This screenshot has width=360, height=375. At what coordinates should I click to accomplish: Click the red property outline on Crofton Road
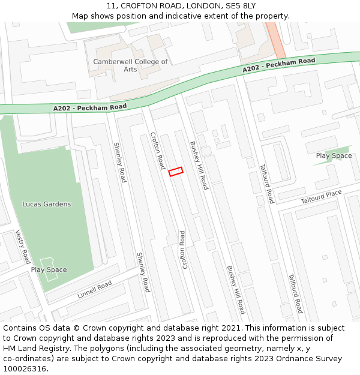coord(175,172)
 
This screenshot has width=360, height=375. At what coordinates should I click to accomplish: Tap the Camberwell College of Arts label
coord(130,65)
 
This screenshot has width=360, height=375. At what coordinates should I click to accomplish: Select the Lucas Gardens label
coord(46,204)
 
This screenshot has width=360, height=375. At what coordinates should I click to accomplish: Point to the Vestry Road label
coord(23,247)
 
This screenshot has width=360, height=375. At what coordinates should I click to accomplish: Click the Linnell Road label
coord(94,290)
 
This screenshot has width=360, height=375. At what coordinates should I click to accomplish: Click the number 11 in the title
coord(112,6)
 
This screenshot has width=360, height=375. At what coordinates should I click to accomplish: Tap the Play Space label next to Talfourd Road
coord(334,156)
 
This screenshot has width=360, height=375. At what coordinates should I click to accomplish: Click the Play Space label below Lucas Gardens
coord(49,270)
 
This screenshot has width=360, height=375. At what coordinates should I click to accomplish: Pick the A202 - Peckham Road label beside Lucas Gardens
coord(90,107)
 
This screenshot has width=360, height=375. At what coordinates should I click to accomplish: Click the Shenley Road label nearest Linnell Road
coord(143,272)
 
